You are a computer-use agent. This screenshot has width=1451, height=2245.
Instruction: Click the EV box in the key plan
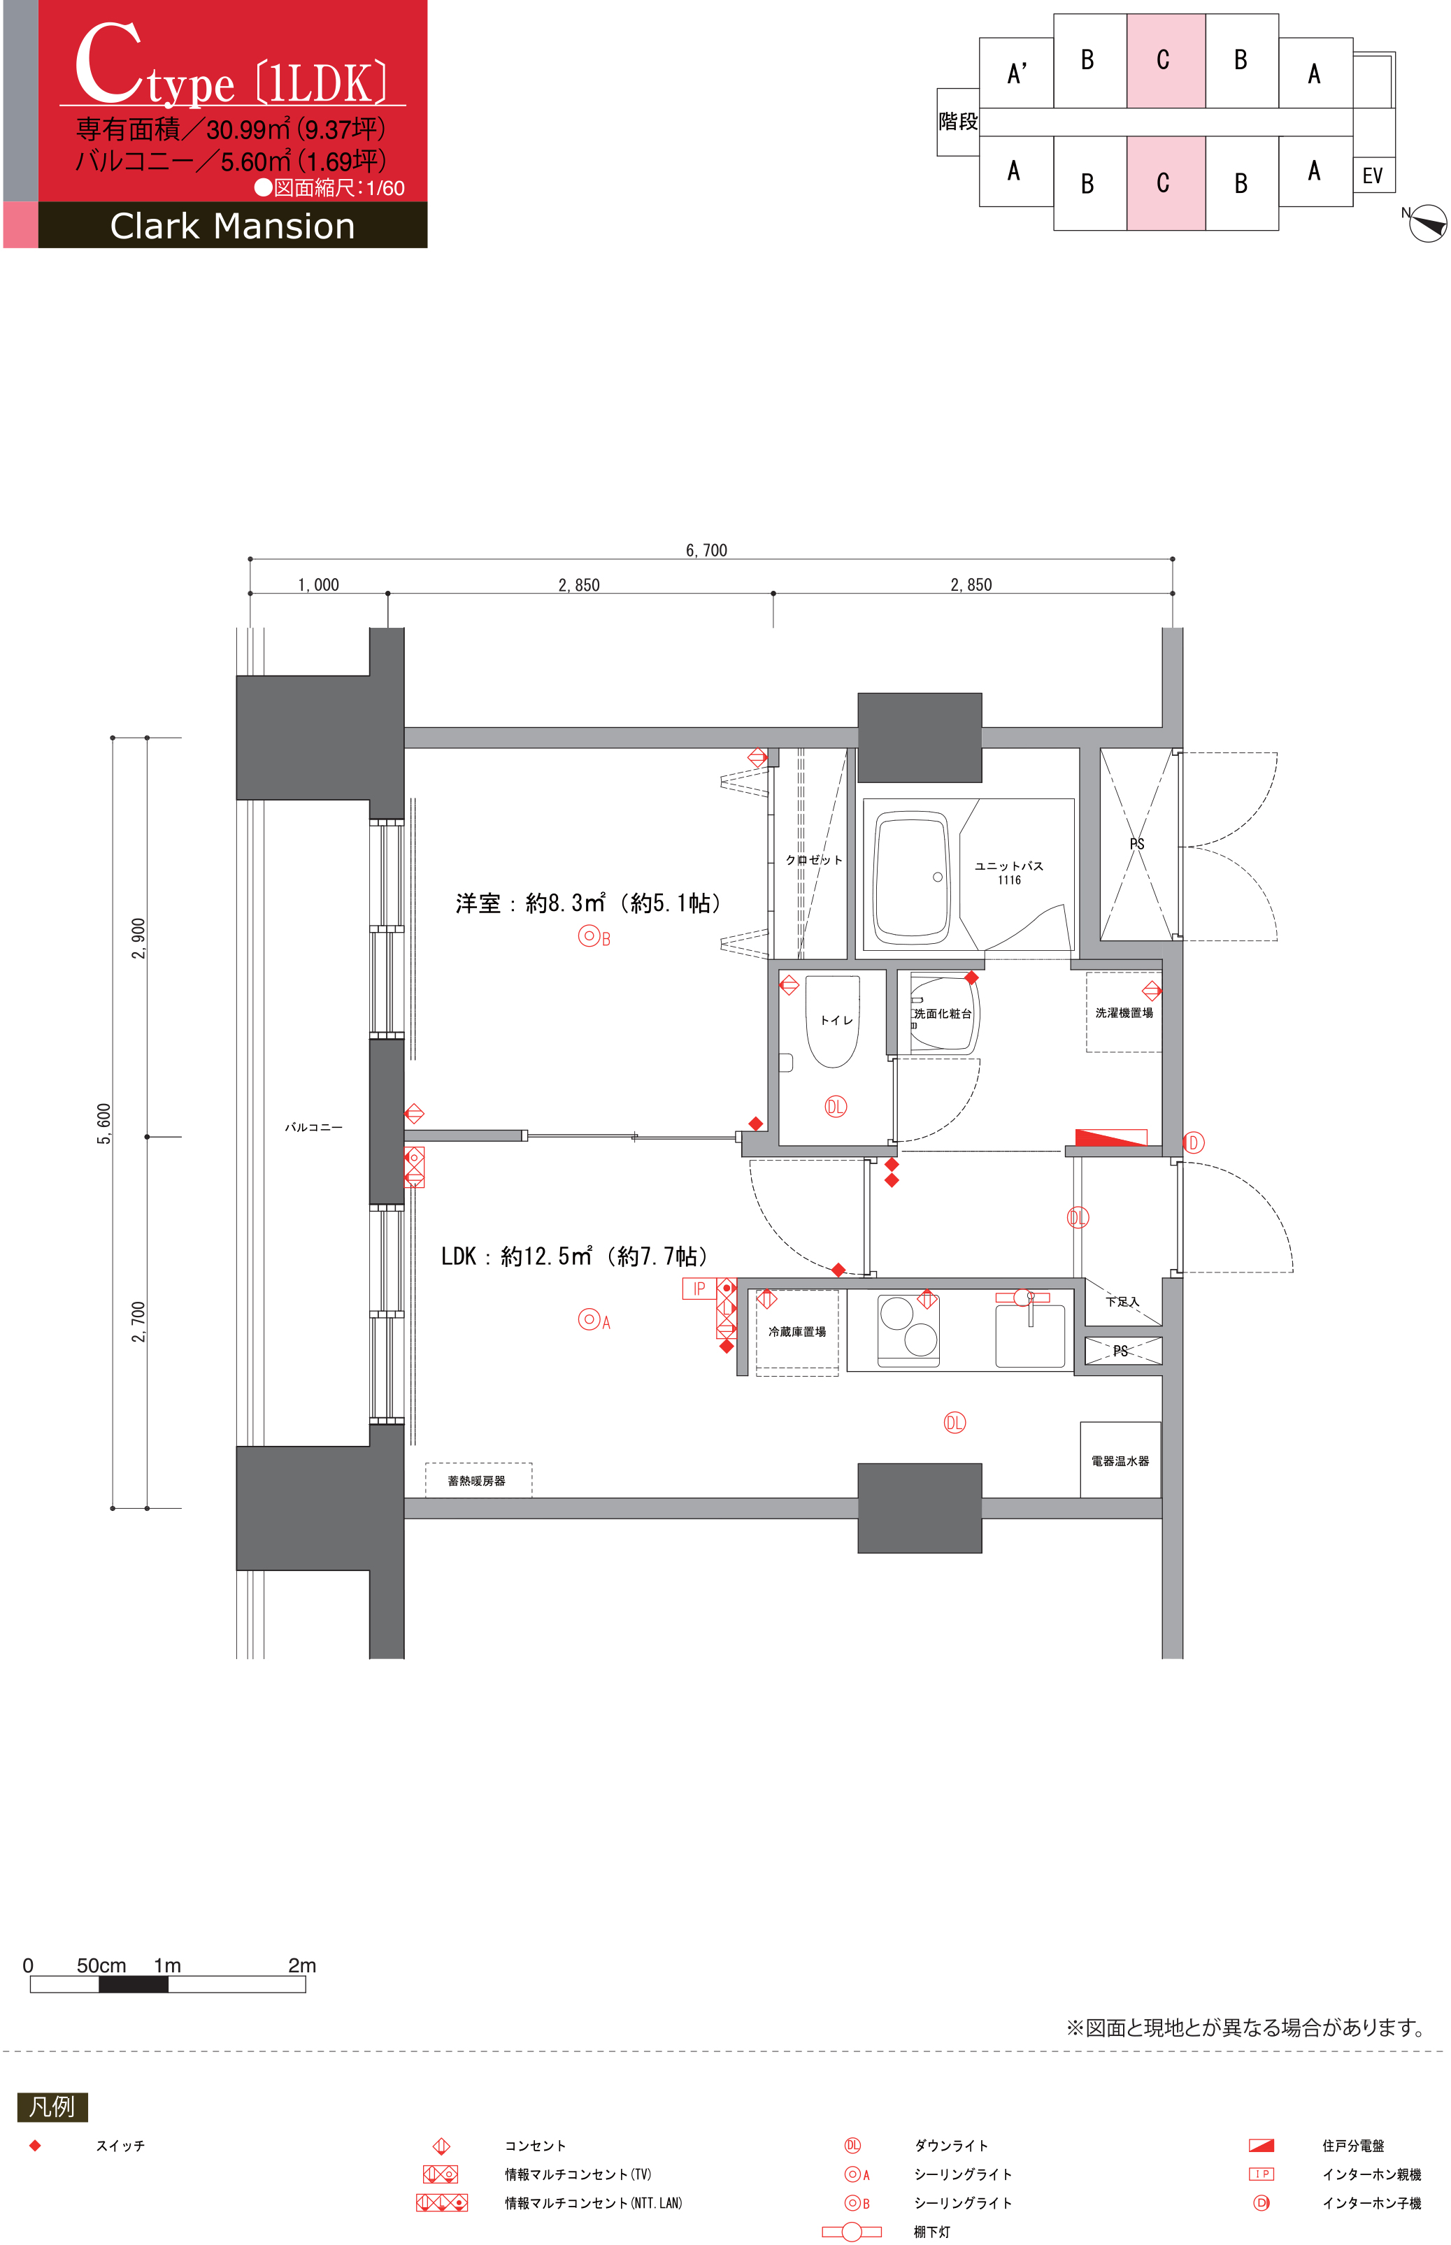1373,175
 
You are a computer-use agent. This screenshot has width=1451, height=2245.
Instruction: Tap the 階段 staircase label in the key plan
958,122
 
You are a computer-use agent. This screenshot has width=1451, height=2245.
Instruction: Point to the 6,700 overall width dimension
707,550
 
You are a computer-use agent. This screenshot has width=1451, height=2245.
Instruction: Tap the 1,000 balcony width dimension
318,585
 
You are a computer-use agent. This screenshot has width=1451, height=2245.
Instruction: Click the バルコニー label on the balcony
314,1127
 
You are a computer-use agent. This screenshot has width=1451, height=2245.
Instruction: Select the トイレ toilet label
836,1020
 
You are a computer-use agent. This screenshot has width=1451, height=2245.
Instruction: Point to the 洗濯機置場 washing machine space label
1124,1013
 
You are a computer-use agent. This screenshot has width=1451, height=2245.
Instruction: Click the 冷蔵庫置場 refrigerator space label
797,1331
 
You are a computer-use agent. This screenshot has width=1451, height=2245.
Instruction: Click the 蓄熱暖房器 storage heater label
477,1481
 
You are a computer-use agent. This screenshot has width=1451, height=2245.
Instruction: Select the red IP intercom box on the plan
699,1289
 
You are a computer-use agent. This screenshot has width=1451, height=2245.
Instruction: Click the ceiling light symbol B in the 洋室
589,936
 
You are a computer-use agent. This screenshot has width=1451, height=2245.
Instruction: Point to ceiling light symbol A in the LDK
589,1320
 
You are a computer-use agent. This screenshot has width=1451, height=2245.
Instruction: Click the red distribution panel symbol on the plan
1112,1137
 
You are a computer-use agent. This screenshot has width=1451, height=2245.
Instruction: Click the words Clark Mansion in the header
233,226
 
